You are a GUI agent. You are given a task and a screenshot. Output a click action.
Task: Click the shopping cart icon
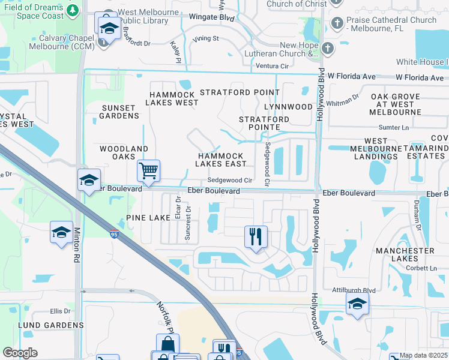tap(148, 170)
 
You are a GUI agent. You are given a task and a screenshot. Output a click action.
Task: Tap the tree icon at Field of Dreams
tap(73, 10)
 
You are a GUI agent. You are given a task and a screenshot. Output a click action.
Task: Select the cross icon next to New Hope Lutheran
tap(327, 49)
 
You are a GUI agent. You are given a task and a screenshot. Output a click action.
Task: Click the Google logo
tap(20, 353)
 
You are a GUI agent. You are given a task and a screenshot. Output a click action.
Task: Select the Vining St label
tap(206, 38)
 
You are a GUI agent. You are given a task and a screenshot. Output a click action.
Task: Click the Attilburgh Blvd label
tap(354, 290)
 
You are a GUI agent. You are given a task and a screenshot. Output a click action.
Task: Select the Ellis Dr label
tap(60, 311)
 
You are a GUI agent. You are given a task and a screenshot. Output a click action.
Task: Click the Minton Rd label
tap(77, 251)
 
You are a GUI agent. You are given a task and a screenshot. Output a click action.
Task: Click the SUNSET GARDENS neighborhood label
tap(118, 111)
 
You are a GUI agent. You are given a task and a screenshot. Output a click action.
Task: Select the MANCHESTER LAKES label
tap(405, 255)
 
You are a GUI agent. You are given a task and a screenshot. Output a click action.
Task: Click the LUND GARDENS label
tap(42, 325)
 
